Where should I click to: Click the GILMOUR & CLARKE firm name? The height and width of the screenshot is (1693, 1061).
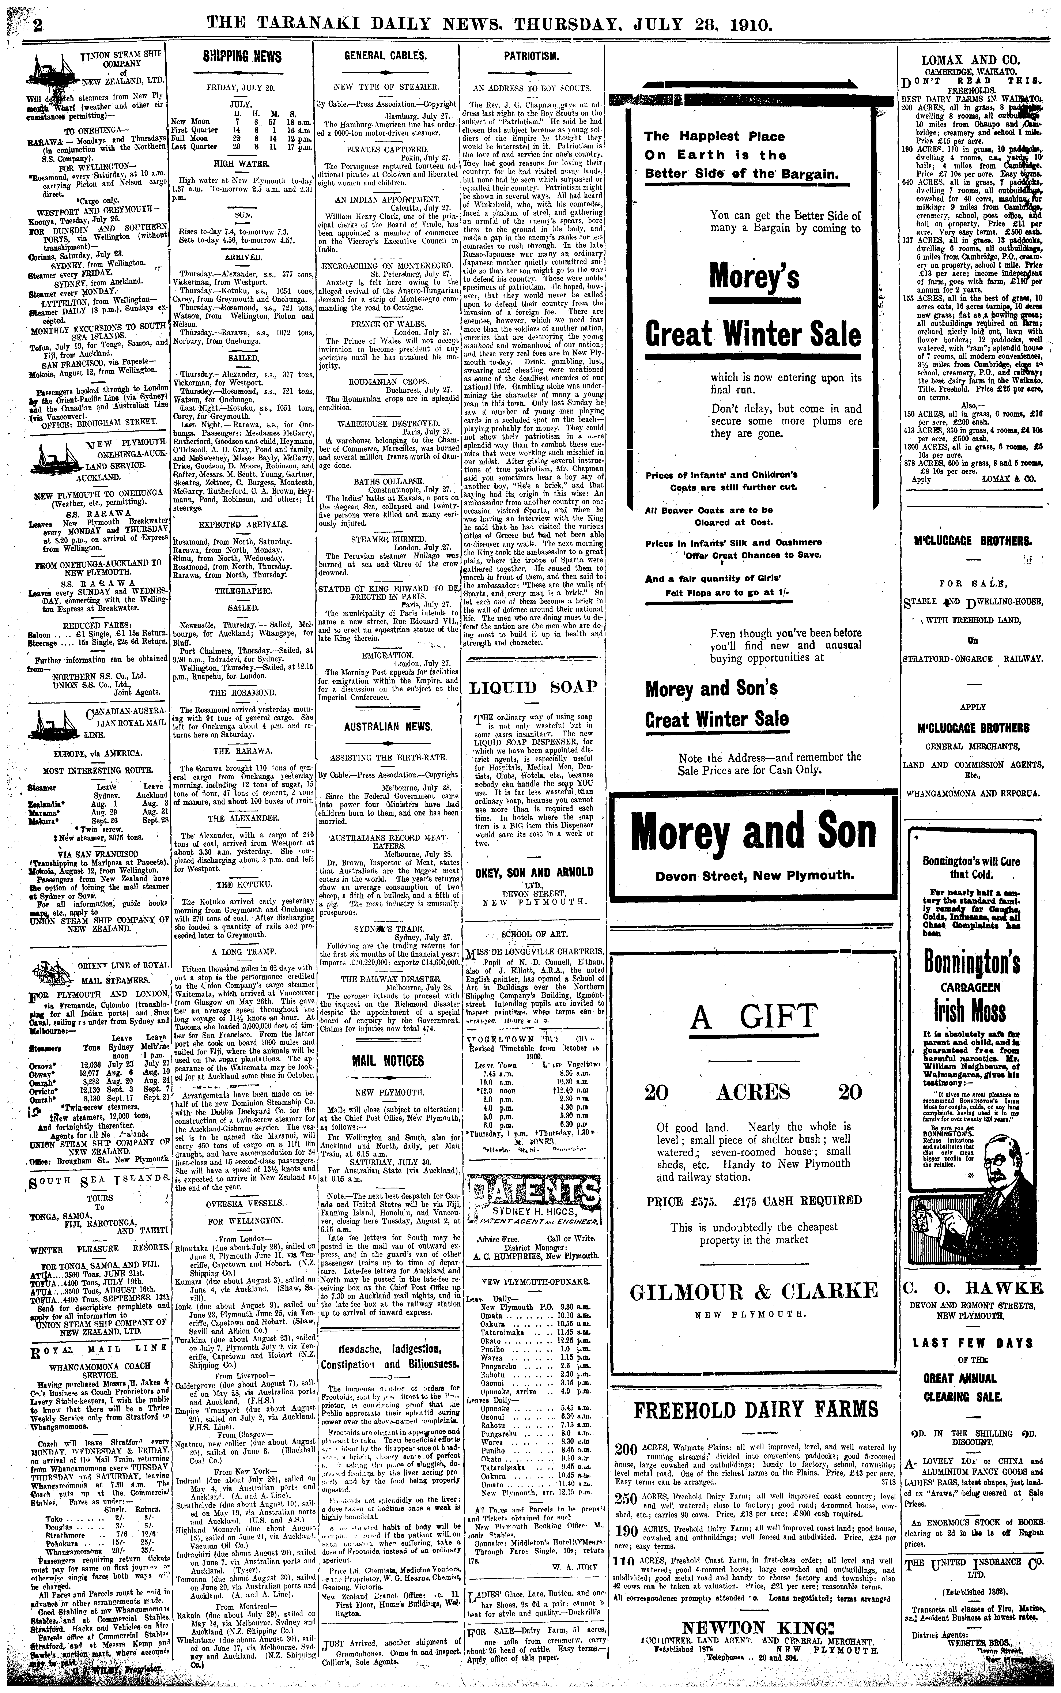(754, 1291)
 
